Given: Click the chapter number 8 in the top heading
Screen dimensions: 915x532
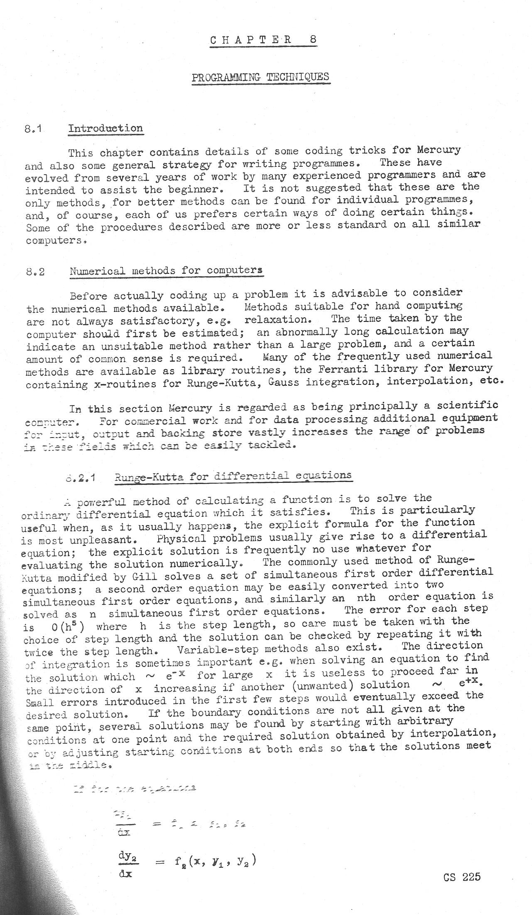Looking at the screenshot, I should click(x=313, y=40).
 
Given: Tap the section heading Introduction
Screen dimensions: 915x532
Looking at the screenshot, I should click(x=105, y=128).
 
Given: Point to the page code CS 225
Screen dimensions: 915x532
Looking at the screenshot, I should click(x=461, y=877).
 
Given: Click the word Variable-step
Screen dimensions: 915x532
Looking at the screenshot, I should click(x=217, y=649).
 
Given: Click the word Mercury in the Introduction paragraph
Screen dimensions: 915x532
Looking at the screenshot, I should click(x=439, y=150).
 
